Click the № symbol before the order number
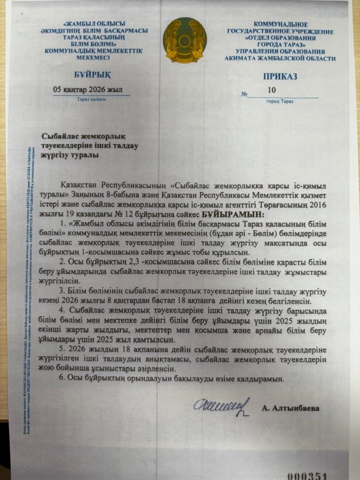(244, 94)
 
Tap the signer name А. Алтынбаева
(291, 407)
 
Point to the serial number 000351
(306, 476)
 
